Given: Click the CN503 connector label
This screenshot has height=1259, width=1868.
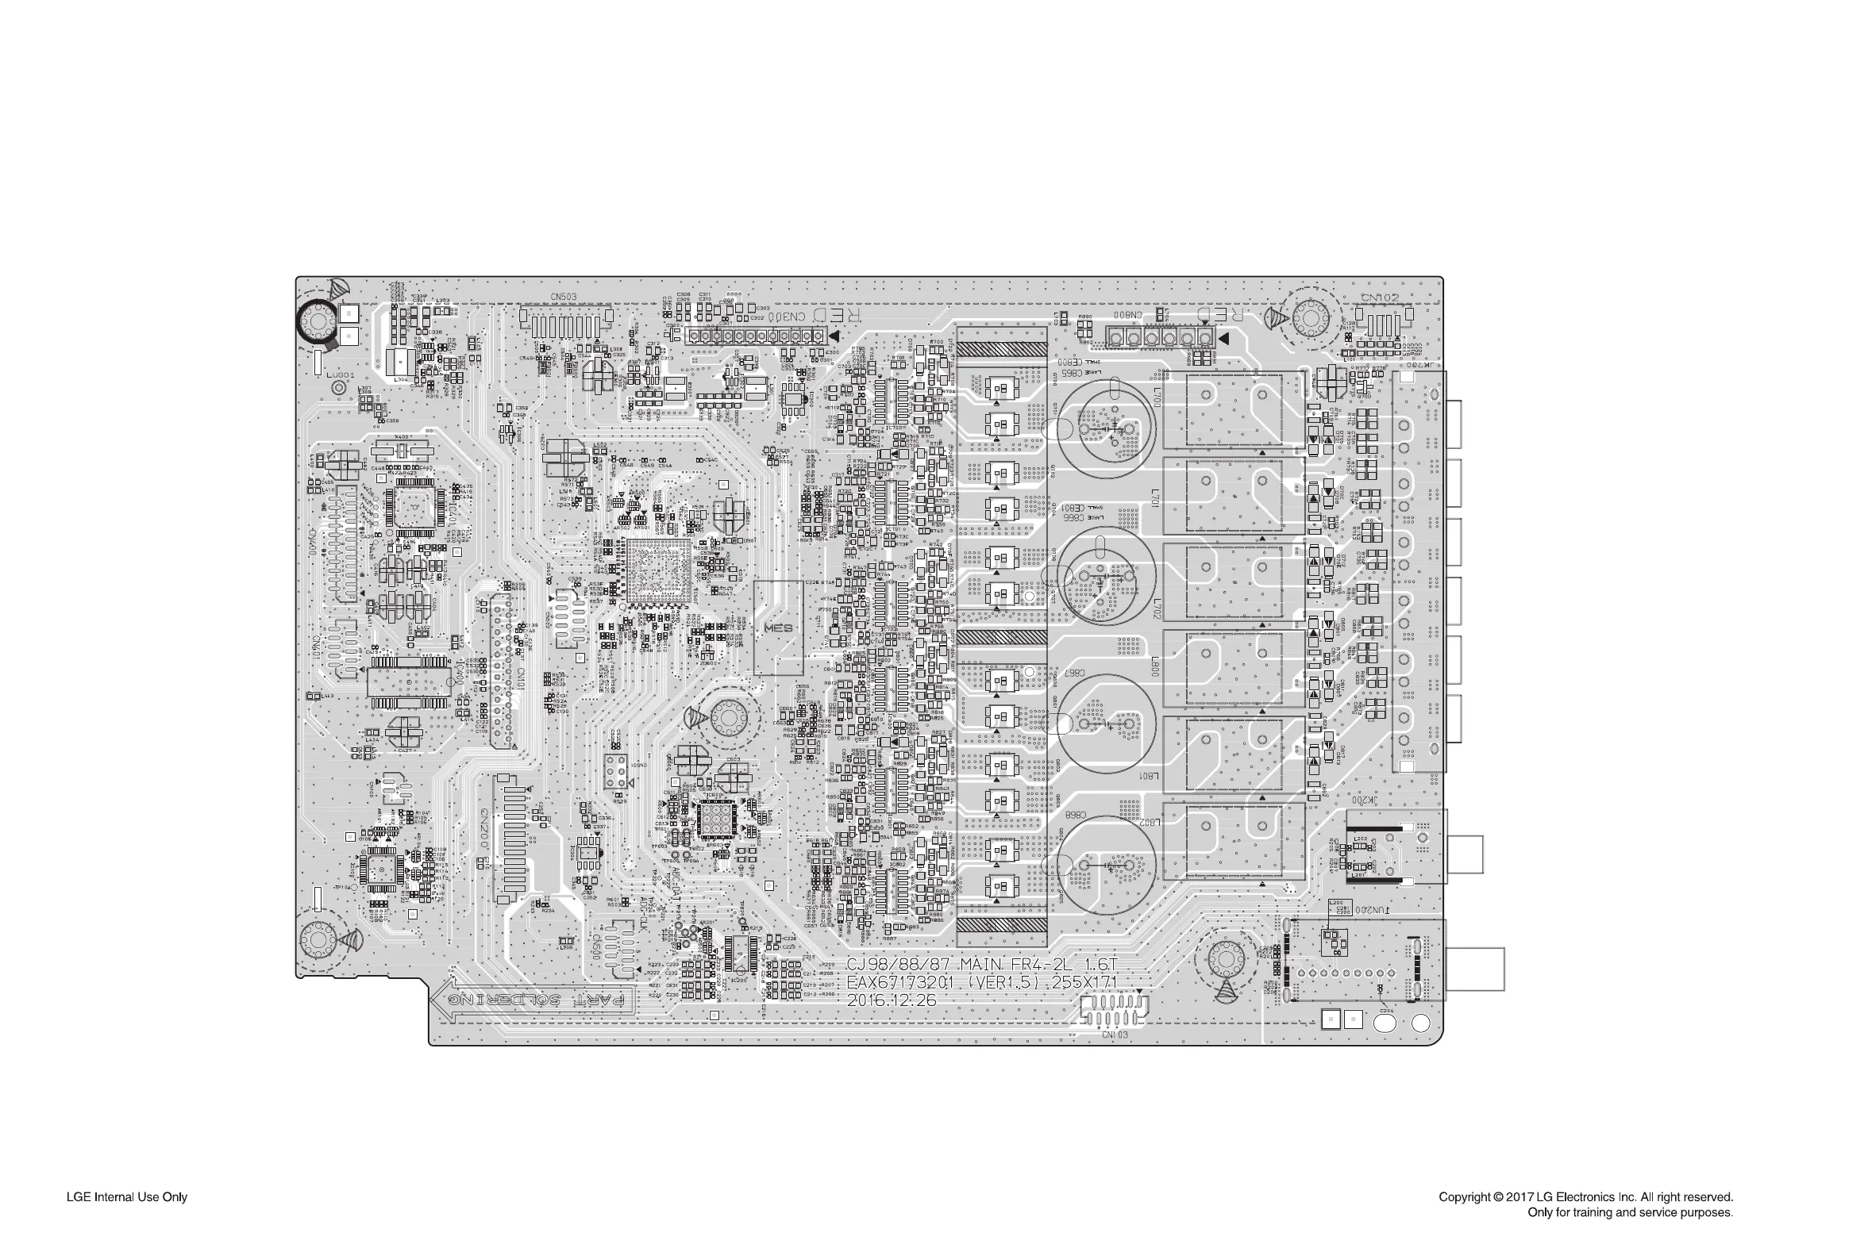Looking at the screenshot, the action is (x=563, y=297).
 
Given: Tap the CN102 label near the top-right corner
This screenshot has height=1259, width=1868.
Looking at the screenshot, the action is (x=1381, y=297).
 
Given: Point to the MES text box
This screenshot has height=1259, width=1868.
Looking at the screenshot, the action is (x=778, y=628).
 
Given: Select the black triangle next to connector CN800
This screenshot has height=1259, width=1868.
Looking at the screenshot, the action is (x=1223, y=338).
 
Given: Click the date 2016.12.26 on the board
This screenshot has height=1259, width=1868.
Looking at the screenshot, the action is (x=891, y=1000).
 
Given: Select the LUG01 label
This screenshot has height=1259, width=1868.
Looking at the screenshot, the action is (x=340, y=375).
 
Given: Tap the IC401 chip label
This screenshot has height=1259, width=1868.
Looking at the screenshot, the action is (x=454, y=512).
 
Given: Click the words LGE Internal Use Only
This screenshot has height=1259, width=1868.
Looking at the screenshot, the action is (x=127, y=1197).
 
